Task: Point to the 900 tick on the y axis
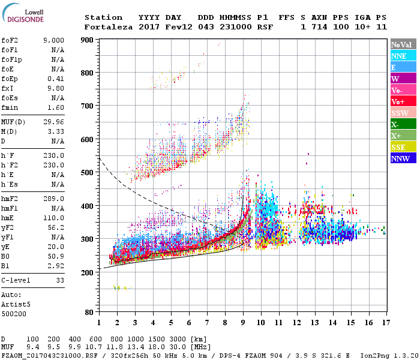pyautogui.click(x=88, y=40)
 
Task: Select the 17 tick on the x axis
pyautogui.click(x=385, y=323)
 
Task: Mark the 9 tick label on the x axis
pyautogui.click(x=243, y=323)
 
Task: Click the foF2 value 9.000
pyautogui.click(x=53, y=40)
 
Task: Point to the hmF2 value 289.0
pyautogui.click(x=53, y=199)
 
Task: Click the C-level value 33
pyautogui.click(x=60, y=280)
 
